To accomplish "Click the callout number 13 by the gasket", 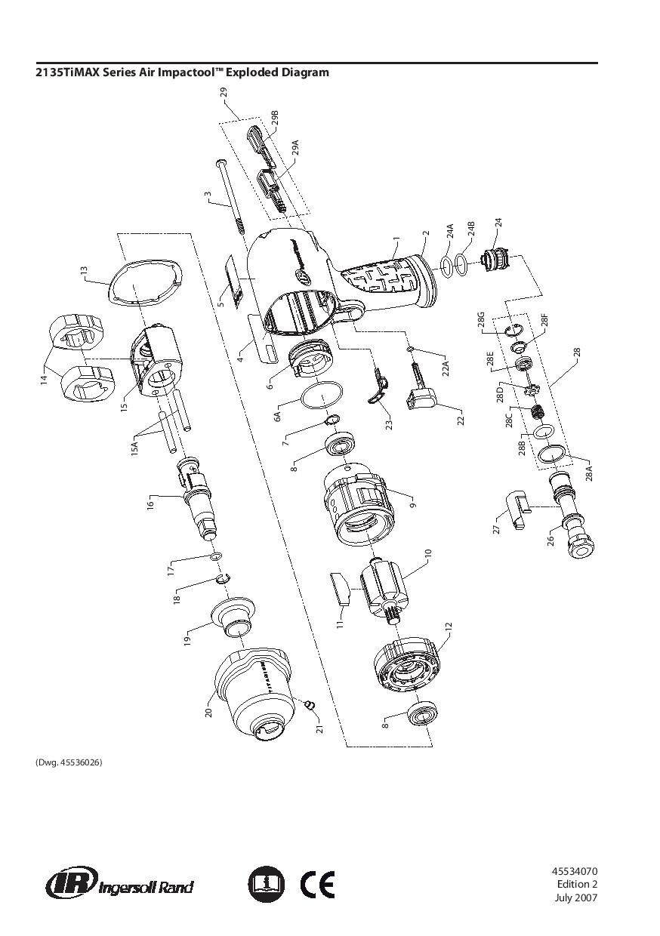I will click(x=85, y=270).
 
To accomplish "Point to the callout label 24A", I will click(x=449, y=231).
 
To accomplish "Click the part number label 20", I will click(x=209, y=710).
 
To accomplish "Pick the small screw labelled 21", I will click(x=309, y=704).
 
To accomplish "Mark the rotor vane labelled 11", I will click(x=341, y=588).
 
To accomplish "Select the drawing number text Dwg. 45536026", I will click(x=69, y=762).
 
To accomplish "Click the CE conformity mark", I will click(x=317, y=884).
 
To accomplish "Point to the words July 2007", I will click(x=576, y=898).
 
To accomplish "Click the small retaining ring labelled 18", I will click(x=221, y=579).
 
